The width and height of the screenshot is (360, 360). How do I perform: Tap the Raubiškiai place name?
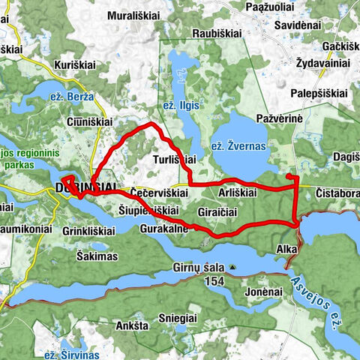[x=218, y=34]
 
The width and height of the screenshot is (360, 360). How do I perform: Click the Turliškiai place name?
[x=174, y=160]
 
